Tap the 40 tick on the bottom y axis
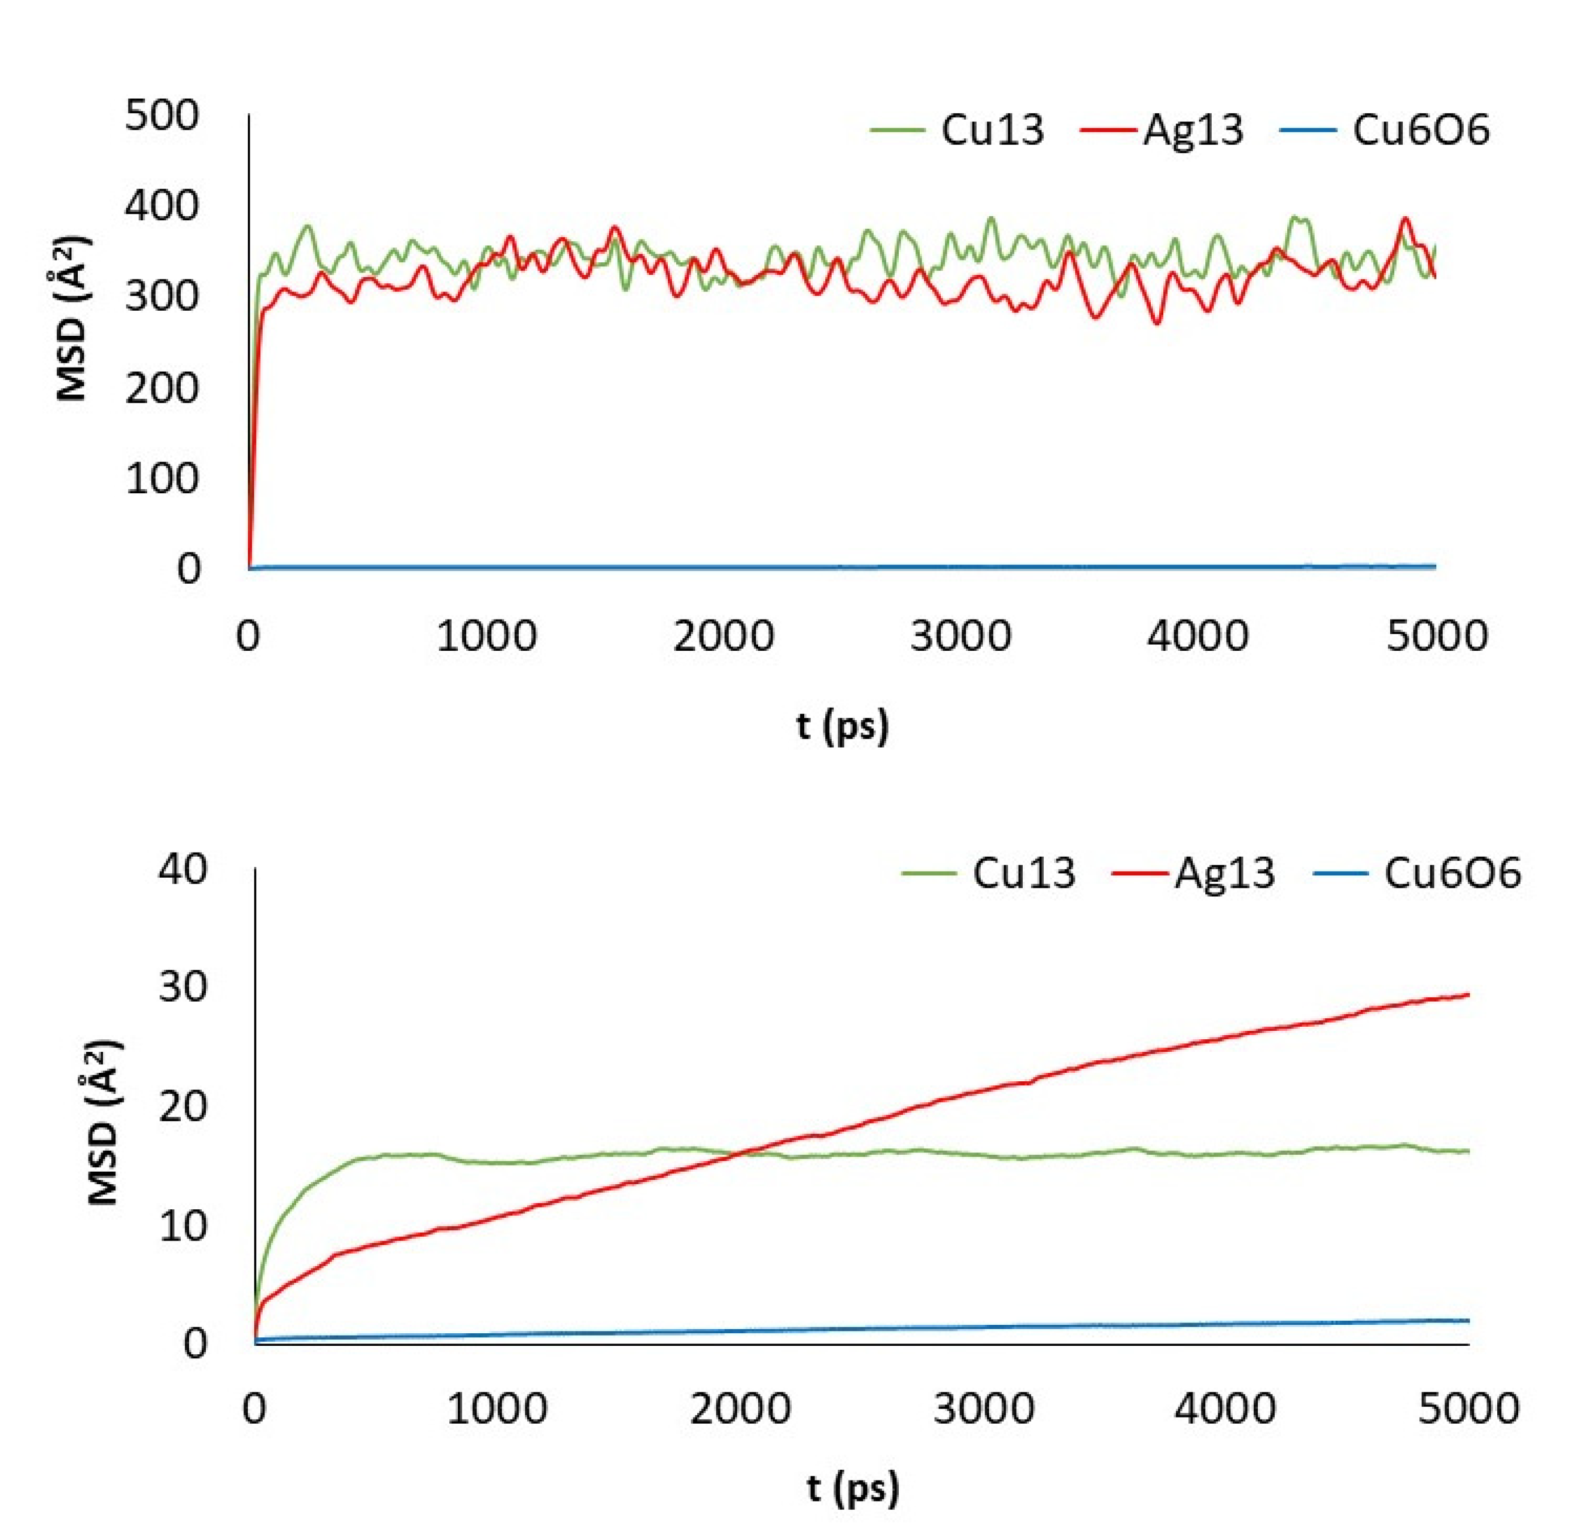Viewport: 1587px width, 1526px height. (x=183, y=870)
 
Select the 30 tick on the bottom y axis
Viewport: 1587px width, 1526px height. (x=183, y=988)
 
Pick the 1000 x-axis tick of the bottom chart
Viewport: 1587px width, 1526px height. (x=497, y=1409)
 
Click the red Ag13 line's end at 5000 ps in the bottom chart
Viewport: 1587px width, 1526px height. (x=1467, y=994)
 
